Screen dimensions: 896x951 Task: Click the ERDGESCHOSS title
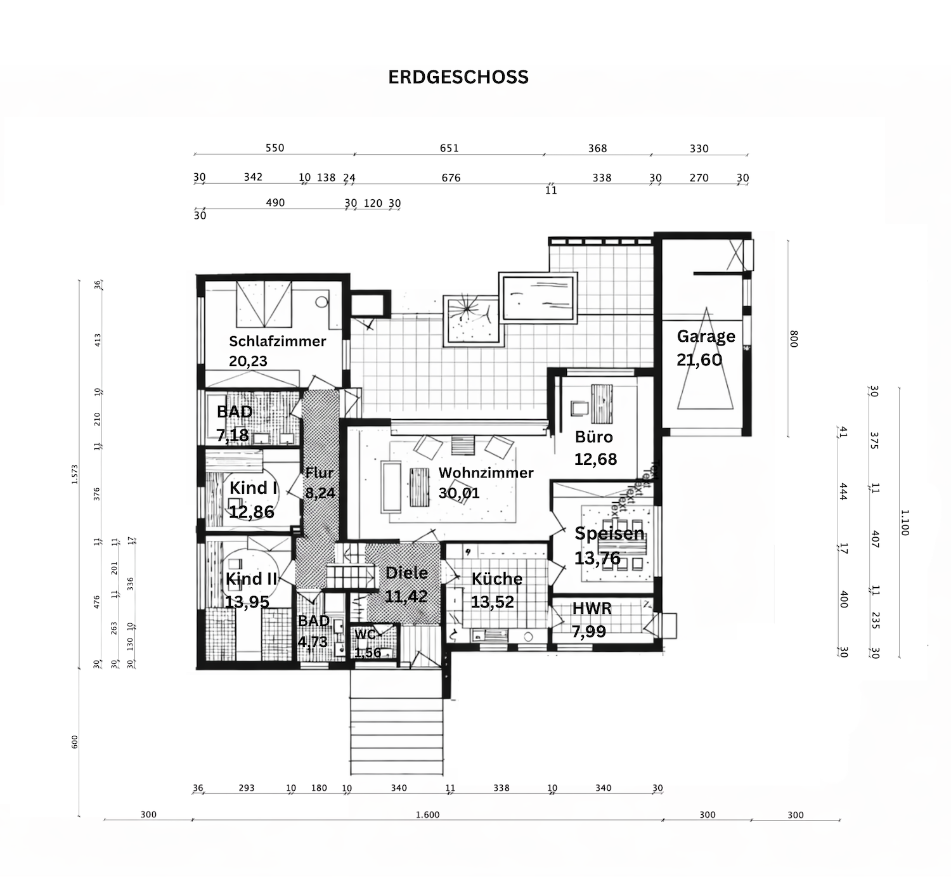(458, 77)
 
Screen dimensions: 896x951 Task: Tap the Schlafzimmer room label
(277, 341)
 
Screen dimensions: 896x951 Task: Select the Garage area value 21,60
(699, 360)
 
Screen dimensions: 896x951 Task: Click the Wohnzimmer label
(486, 473)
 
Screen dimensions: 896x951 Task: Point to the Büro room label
(593, 437)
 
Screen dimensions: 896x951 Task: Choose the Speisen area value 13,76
(597, 558)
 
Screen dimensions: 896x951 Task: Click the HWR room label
(592, 609)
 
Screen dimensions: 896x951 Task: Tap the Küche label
(496, 579)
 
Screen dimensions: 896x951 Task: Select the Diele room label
(406, 573)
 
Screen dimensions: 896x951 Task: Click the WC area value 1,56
(368, 653)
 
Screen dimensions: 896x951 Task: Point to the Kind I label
(253, 488)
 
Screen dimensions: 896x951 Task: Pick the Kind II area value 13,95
(247, 602)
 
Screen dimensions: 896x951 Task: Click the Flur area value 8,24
(320, 493)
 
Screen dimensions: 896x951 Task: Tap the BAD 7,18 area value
(232, 435)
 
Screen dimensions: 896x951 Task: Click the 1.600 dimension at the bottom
(427, 815)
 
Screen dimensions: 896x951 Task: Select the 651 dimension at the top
(449, 148)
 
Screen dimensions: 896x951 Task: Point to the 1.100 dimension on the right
(905, 523)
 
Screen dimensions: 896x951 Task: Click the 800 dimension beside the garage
(794, 339)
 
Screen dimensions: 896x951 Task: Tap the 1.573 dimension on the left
(74, 474)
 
